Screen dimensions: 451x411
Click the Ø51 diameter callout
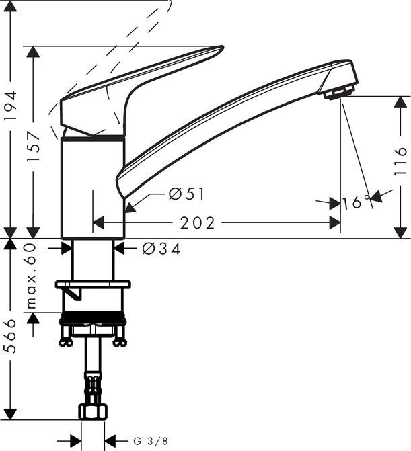click(x=186, y=194)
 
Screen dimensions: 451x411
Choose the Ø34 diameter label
click(x=161, y=249)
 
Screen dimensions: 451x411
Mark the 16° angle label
click(x=356, y=201)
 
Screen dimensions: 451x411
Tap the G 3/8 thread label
click(x=149, y=441)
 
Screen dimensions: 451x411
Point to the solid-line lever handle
click(x=135, y=91)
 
